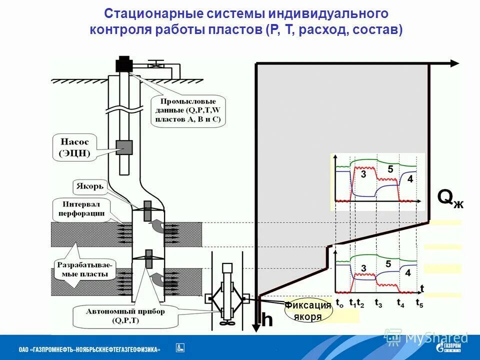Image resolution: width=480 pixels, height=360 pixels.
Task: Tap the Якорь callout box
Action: click(x=90, y=187)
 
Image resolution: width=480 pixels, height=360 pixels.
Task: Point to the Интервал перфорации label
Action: click(x=84, y=209)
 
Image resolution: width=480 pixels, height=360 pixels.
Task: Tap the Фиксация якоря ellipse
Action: click(x=308, y=311)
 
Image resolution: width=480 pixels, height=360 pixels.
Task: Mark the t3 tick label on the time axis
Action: click(x=378, y=303)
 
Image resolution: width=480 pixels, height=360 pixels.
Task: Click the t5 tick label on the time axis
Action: click(x=419, y=303)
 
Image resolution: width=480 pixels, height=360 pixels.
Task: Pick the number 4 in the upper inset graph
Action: click(x=409, y=179)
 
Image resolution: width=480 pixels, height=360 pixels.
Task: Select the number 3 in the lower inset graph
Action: click(x=363, y=268)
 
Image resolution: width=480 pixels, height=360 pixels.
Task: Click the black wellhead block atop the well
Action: click(x=123, y=65)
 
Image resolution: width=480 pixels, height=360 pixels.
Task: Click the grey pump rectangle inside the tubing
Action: click(x=124, y=147)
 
